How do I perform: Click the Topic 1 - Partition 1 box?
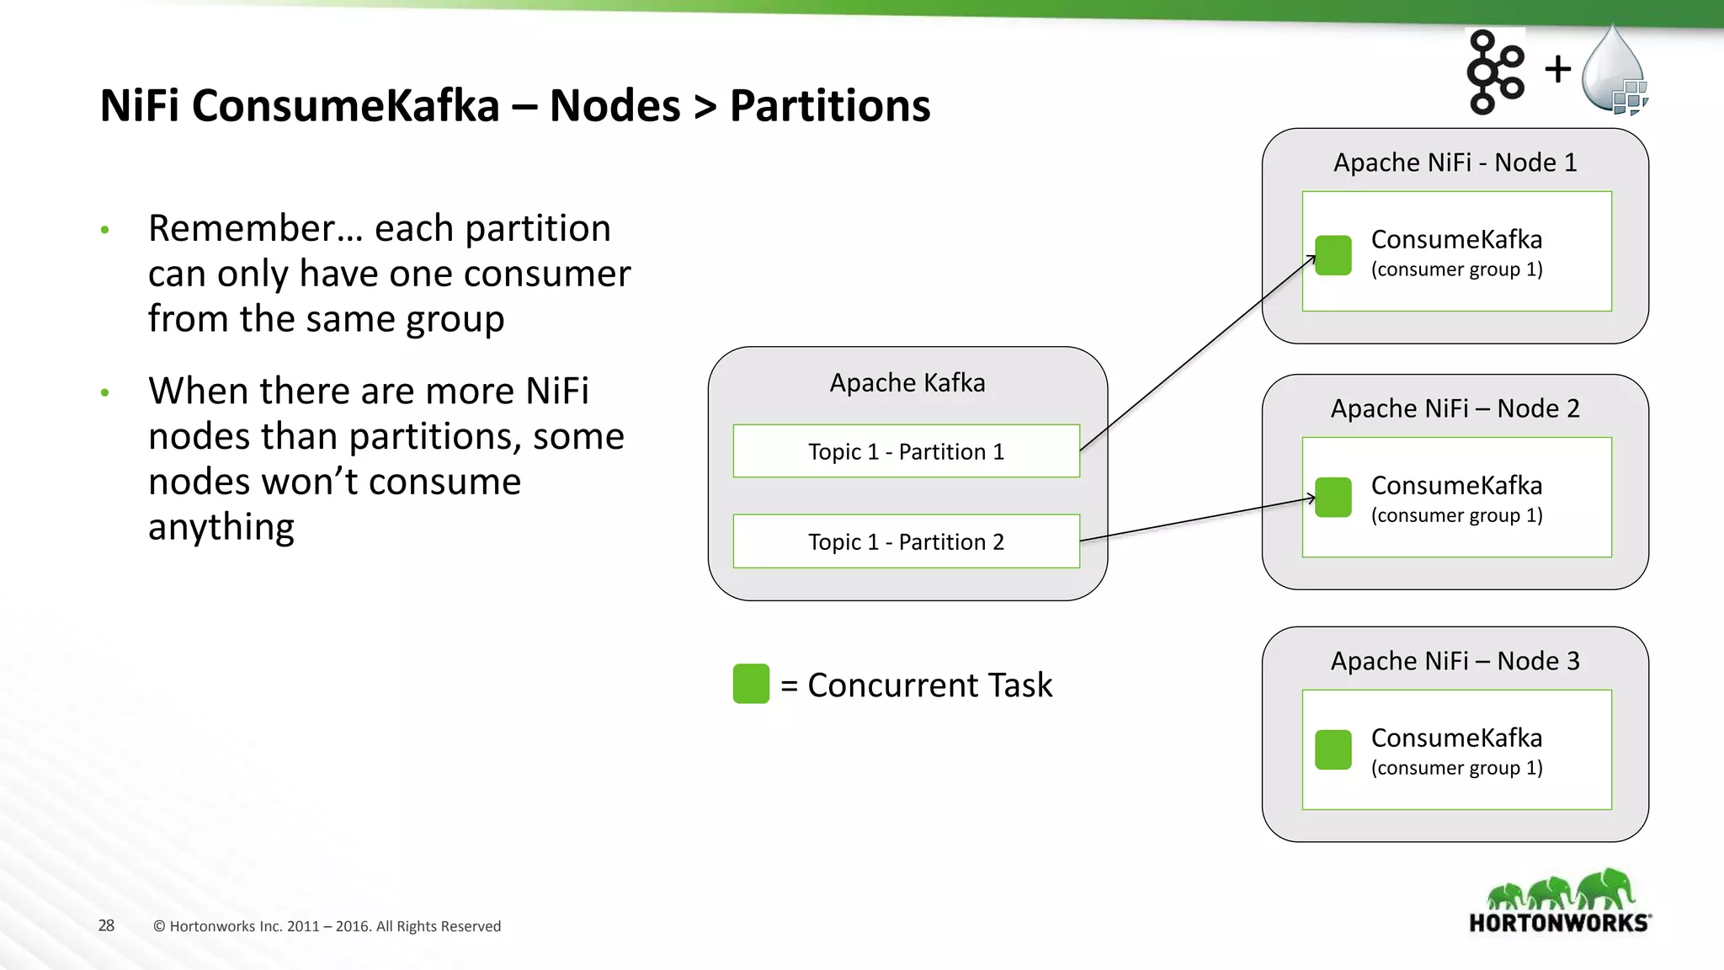(x=906, y=451)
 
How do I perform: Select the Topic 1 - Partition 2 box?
(x=906, y=541)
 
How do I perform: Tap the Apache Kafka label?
(x=907, y=383)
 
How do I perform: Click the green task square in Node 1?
(x=1333, y=255)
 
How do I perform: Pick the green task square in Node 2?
(x=1333, y=498)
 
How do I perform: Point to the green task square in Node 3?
(x=1333, y=749)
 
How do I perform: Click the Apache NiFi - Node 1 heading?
(x=1455, y=163)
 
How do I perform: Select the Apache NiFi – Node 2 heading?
(x=1455, y=408)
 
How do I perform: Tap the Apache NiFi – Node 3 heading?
(x=1455, y=661)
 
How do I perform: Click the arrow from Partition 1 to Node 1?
(x=1195, y=354)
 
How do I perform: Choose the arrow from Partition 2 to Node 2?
(x=1195, y=520)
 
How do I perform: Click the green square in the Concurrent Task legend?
(x=751, y=684)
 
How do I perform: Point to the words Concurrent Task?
(x=929, y=685)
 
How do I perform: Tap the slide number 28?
(x=106, y=925)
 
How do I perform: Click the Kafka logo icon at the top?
(x=1494, y=72)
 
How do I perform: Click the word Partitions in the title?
(x=829, y=106)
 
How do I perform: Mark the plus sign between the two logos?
(x=1558, y=69)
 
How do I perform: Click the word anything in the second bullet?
(x=221, y=528)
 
